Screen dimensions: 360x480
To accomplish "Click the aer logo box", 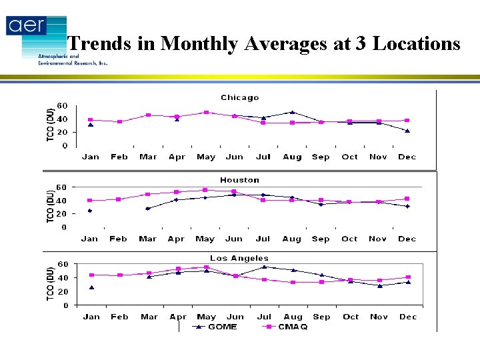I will pos(27,26).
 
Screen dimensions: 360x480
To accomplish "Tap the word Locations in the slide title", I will pos(417,44).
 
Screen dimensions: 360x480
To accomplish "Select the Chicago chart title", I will pos(239,97).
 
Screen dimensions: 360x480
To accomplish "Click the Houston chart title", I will pos(239,180).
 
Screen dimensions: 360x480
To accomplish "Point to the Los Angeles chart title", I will pos(239,258).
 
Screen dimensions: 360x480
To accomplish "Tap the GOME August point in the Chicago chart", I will pos(292,112).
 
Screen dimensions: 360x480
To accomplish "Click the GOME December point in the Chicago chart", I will pos(407,131).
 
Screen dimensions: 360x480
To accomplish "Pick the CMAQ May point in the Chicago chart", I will pos(206,113).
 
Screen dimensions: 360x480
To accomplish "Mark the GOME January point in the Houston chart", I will pos(90,211).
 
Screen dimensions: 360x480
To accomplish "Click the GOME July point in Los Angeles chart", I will pos(264,267).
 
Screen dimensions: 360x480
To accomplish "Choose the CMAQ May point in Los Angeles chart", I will pos(207,267).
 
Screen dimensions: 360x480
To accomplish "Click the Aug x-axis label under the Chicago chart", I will pos(292,157).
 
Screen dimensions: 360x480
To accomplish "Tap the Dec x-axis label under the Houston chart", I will pos(407,239).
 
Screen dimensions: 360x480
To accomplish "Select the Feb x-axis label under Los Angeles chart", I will pos(120,317).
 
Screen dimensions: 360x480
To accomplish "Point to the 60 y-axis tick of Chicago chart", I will pos(61,105).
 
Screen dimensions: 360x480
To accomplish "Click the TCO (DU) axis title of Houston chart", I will pos(51,207).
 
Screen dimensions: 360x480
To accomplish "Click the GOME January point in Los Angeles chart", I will pos(91,287).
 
